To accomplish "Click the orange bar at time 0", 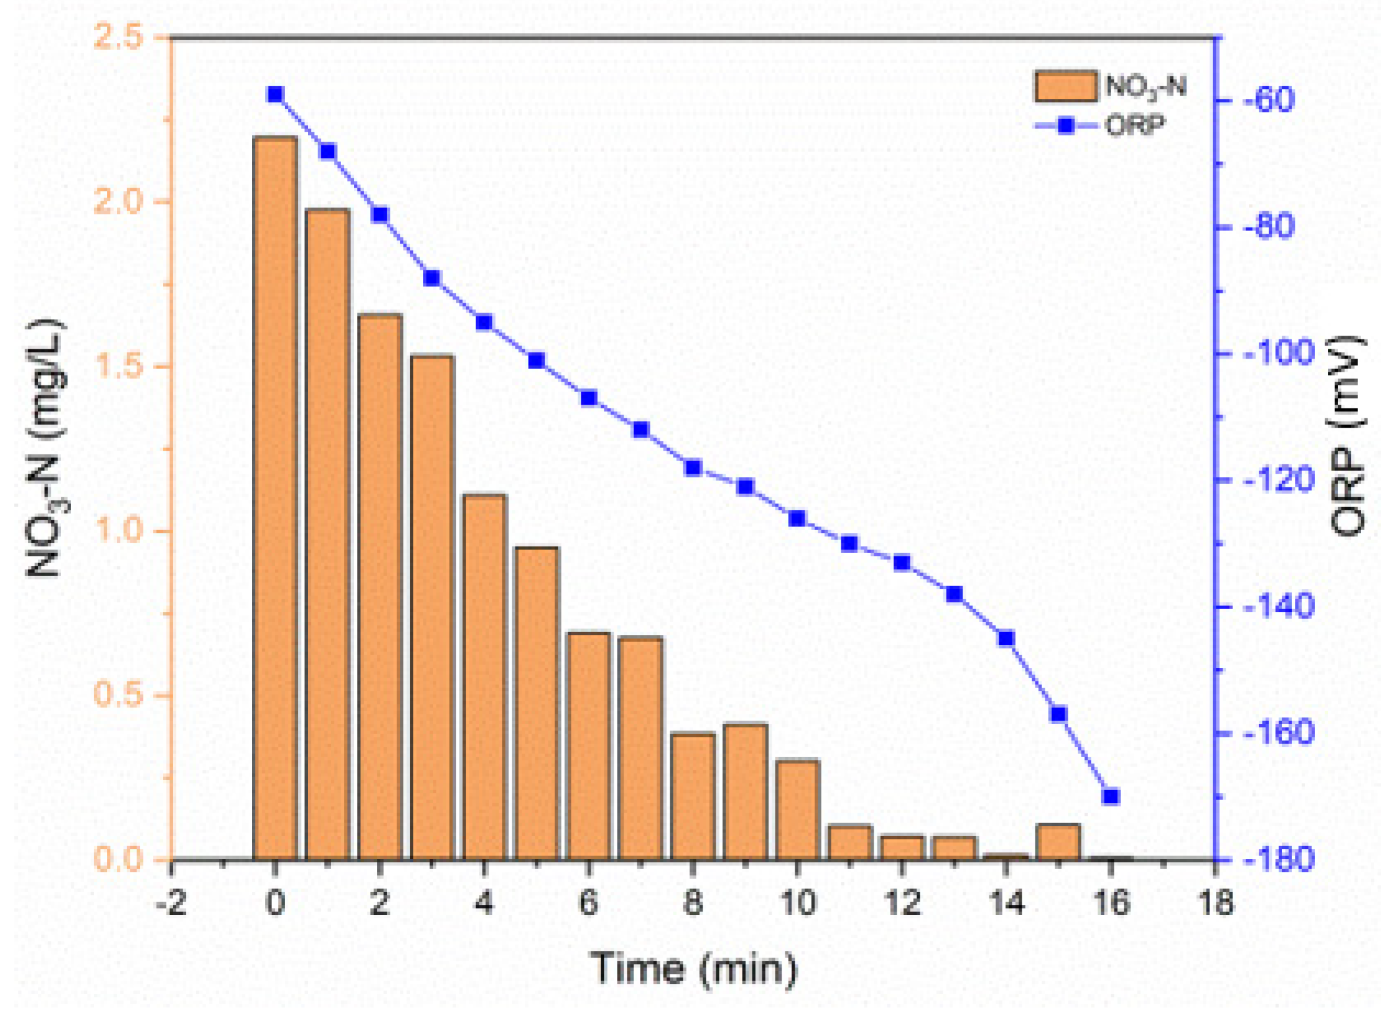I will tap(275, 497).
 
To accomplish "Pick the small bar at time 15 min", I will tap(1058, 842).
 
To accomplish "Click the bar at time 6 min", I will tap(588, 745).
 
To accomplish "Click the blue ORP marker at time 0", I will tap(275, 94).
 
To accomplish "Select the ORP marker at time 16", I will tap(1111, 796).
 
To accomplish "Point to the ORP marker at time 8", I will tap(693, 467).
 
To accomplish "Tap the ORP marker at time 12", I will tap(902, 562).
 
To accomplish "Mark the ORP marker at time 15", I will tap(1058, 714).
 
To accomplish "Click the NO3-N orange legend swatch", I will tap(1066, 86).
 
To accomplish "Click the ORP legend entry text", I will tap(1134, 126).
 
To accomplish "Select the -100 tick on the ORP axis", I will tap(1278, 353).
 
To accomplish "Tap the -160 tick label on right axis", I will tap(1278, 732).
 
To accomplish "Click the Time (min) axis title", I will tap(693, 968).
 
